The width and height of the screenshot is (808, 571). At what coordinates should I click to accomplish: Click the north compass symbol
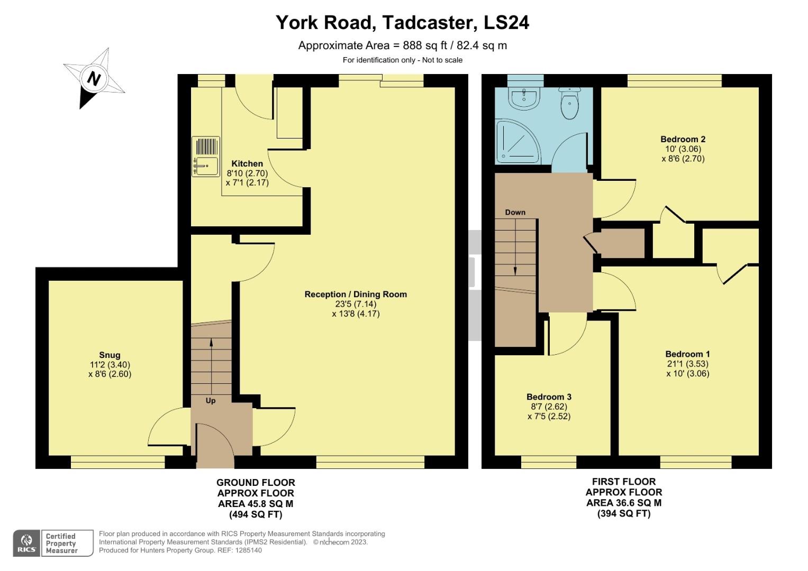coord(94,79)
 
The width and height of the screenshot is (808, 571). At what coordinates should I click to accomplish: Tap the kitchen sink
coord(205,156)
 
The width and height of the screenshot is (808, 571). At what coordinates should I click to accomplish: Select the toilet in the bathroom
coord(569,104)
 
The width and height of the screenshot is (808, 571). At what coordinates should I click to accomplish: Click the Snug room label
coord(110,355)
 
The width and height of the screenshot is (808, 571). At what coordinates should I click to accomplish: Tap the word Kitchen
coord(247,164)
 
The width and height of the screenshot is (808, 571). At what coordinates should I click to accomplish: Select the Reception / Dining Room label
coord(356,294)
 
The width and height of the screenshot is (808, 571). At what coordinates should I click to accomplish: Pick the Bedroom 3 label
coord(549,397)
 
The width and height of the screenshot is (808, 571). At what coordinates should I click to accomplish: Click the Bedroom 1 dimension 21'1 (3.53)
coord(687,364)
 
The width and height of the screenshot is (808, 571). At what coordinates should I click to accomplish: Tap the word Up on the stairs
coord(211,401)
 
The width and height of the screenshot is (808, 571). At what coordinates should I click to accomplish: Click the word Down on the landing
coord(515,213)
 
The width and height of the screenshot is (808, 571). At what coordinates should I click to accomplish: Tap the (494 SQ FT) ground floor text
coord(256,514)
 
